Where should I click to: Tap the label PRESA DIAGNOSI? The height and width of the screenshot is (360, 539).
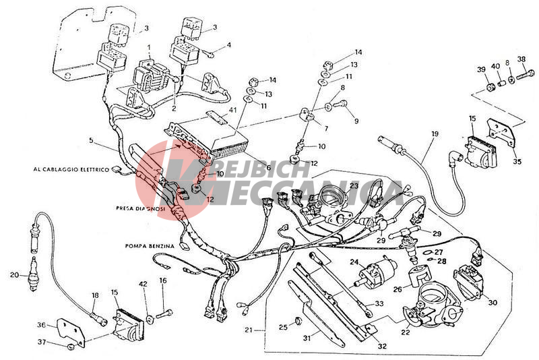[135, 208]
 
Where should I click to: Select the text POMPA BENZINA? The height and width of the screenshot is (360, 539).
[150, 246]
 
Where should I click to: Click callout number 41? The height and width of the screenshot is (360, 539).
[233, 109]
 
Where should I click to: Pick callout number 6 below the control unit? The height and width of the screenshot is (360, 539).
[268, 168]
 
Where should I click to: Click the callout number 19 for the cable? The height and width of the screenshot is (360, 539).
[435, 134]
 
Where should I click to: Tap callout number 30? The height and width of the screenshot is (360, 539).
[493, 303]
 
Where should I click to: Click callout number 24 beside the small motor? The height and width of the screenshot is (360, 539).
[354, 262]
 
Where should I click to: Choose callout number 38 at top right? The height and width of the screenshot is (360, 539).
[521, 59]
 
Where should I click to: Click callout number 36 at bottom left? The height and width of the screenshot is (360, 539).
[42, 324]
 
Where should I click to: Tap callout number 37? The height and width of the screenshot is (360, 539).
[42, 342]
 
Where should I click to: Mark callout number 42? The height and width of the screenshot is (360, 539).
[142, 284]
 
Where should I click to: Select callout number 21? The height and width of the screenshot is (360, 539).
[250, 330]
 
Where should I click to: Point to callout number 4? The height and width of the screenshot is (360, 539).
[229, 45]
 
